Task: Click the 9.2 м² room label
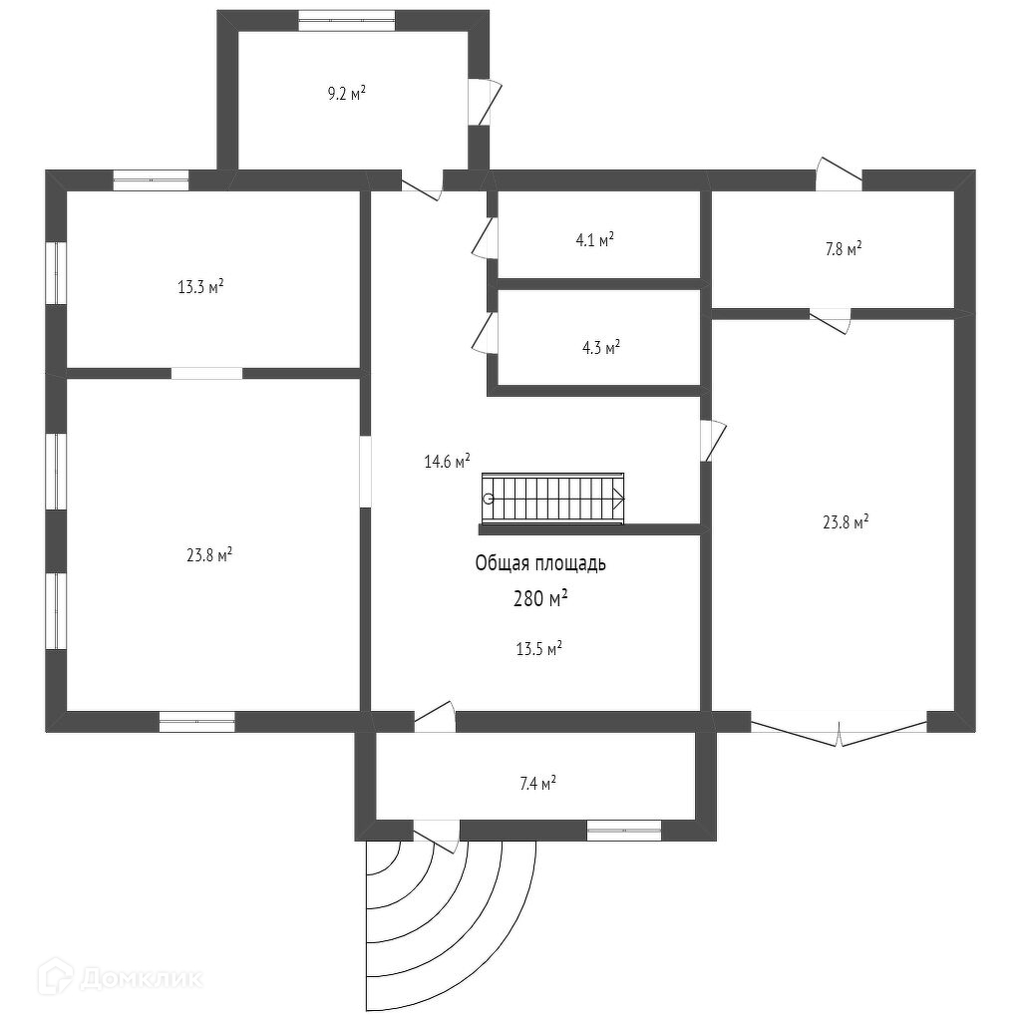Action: (346, 94)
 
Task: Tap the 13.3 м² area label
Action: (200, 287)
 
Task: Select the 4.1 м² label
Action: (594, 239)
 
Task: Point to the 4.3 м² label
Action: (600, 348)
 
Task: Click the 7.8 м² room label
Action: (843, 249)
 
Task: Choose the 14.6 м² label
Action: (447, 461)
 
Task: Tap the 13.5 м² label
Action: (538, 649)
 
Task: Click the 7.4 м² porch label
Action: (537, 784)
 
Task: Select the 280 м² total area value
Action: (540, 599)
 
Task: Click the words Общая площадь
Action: (540, 563)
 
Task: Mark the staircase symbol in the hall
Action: (553, 498)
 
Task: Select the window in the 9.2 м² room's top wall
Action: (347, 20)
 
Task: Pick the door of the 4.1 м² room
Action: (486, 238)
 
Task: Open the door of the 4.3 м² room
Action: (486, 333)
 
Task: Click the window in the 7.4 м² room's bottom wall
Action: (624, 830)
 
